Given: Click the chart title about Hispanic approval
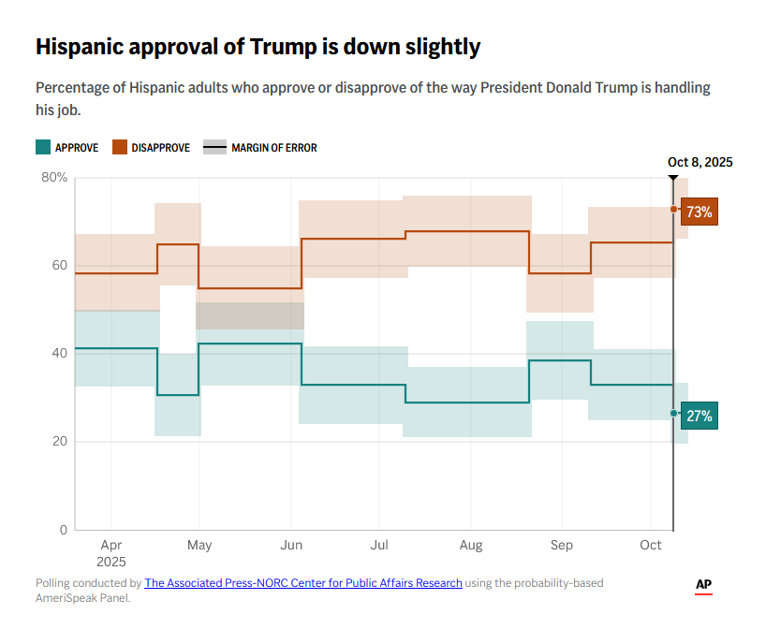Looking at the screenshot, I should [x=258, y=46].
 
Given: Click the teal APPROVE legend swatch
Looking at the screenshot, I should [x=43, y=147].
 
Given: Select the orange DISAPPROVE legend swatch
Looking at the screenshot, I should [x=120, y=147].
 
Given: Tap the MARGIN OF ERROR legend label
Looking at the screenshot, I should [x=274, y=148].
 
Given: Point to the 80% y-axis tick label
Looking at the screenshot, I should [x=54, y=178].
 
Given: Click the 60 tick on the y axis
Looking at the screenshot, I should [x=58, y=266].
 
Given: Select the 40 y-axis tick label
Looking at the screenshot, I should [x=58, y=354].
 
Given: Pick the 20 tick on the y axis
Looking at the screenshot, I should [x=58, y=442].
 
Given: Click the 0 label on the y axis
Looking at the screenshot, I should [x=63, y=530].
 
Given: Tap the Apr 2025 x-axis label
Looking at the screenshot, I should [x=110, y=552].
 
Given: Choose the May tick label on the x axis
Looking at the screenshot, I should [x=199, y=545].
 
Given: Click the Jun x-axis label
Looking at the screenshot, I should [x=291, y=545].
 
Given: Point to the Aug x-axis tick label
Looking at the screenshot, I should [x=471, y=545].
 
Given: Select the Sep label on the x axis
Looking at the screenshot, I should [x=561, y=545].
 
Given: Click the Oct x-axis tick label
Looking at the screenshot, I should [x=650, y=545].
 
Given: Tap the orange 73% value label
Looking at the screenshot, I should [x=699, y=212].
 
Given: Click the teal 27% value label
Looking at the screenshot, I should [x=699, y=417].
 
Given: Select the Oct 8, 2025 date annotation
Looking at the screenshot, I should [x=700, y=162].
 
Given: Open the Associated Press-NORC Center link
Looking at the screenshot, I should [x=303, y=583].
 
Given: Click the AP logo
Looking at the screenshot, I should [x=704, y=585].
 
